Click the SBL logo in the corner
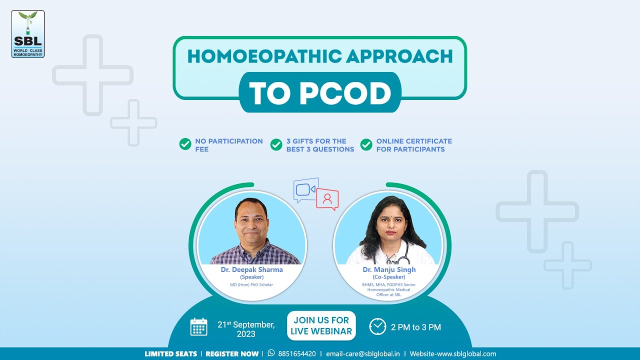click(x=28, y=34)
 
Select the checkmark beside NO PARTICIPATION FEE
click(x=185, y=145)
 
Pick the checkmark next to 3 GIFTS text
click(x=276, y=145)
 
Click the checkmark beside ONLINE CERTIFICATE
click(x=366, y=145)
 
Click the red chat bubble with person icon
click(x=327, y=199)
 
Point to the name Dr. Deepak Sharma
click(x=252, y=270)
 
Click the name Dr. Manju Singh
click(x=389, y=270)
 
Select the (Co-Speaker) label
click(x=389, y=277)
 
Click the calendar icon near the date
click(x=198, y=326)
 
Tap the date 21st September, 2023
click(x=246, y=328)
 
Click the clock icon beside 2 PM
click(x=377, y=326)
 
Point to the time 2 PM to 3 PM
click(x=416, y=327)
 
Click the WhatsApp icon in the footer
click(x=271, y=353)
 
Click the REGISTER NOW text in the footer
click(x=232, y=353)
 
